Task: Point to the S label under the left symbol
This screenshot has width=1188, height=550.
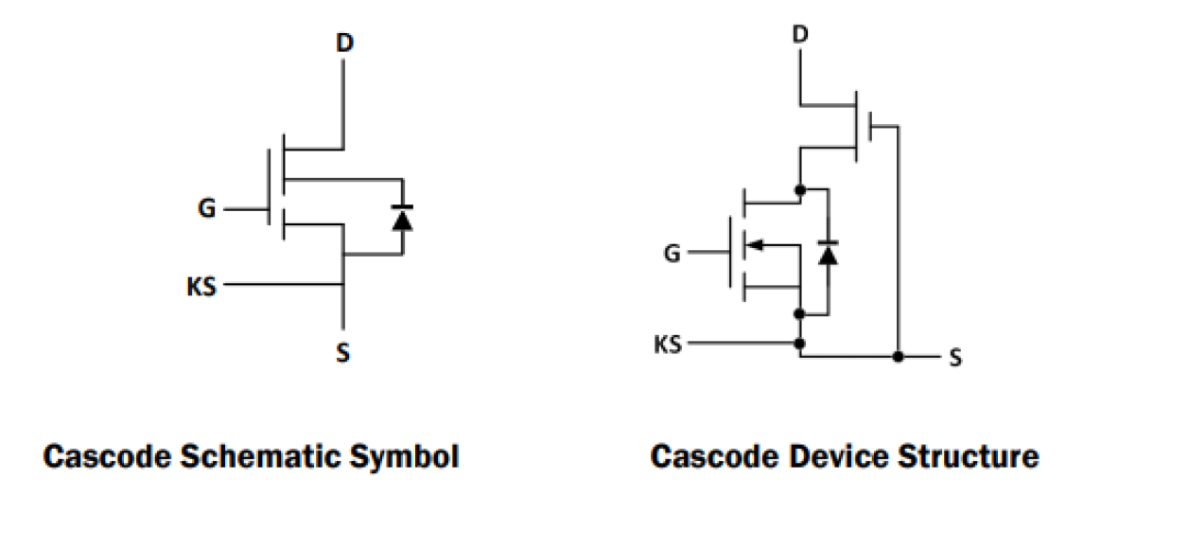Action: (343, 354)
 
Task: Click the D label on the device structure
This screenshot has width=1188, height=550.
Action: (800, 35)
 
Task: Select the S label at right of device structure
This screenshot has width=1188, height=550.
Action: (956, 358)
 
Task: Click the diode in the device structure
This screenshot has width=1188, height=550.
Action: (829, 253)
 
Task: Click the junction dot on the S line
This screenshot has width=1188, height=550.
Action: (898, 357)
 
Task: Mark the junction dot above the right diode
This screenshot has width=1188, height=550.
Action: (800, 189)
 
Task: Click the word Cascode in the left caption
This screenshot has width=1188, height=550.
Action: (107, 457)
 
